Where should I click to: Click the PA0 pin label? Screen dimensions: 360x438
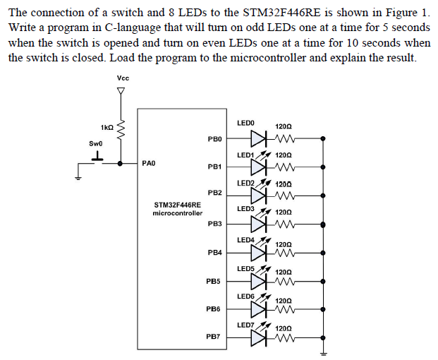tap(148, 163)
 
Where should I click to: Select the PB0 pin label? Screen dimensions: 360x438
tap(215, 138)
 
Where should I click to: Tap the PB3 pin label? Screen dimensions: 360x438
tap(215, 224)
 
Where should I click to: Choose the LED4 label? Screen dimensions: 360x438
tap(246, 240)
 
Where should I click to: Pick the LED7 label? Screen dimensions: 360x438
tap(245, 325)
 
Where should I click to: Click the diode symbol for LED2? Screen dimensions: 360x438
tap(262, 196)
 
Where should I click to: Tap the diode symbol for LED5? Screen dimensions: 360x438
tap(262, 281)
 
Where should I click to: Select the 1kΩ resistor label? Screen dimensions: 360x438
tap(107, 127)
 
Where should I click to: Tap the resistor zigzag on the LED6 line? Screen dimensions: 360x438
tap(286, 309)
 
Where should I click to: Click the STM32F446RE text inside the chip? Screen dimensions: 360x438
tap(171, 205)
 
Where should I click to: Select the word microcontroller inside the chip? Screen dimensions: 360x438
tap(177, 212)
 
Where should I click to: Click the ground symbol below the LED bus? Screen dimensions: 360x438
tap(324, 354)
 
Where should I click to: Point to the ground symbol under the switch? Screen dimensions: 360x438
tap(78, 177)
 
